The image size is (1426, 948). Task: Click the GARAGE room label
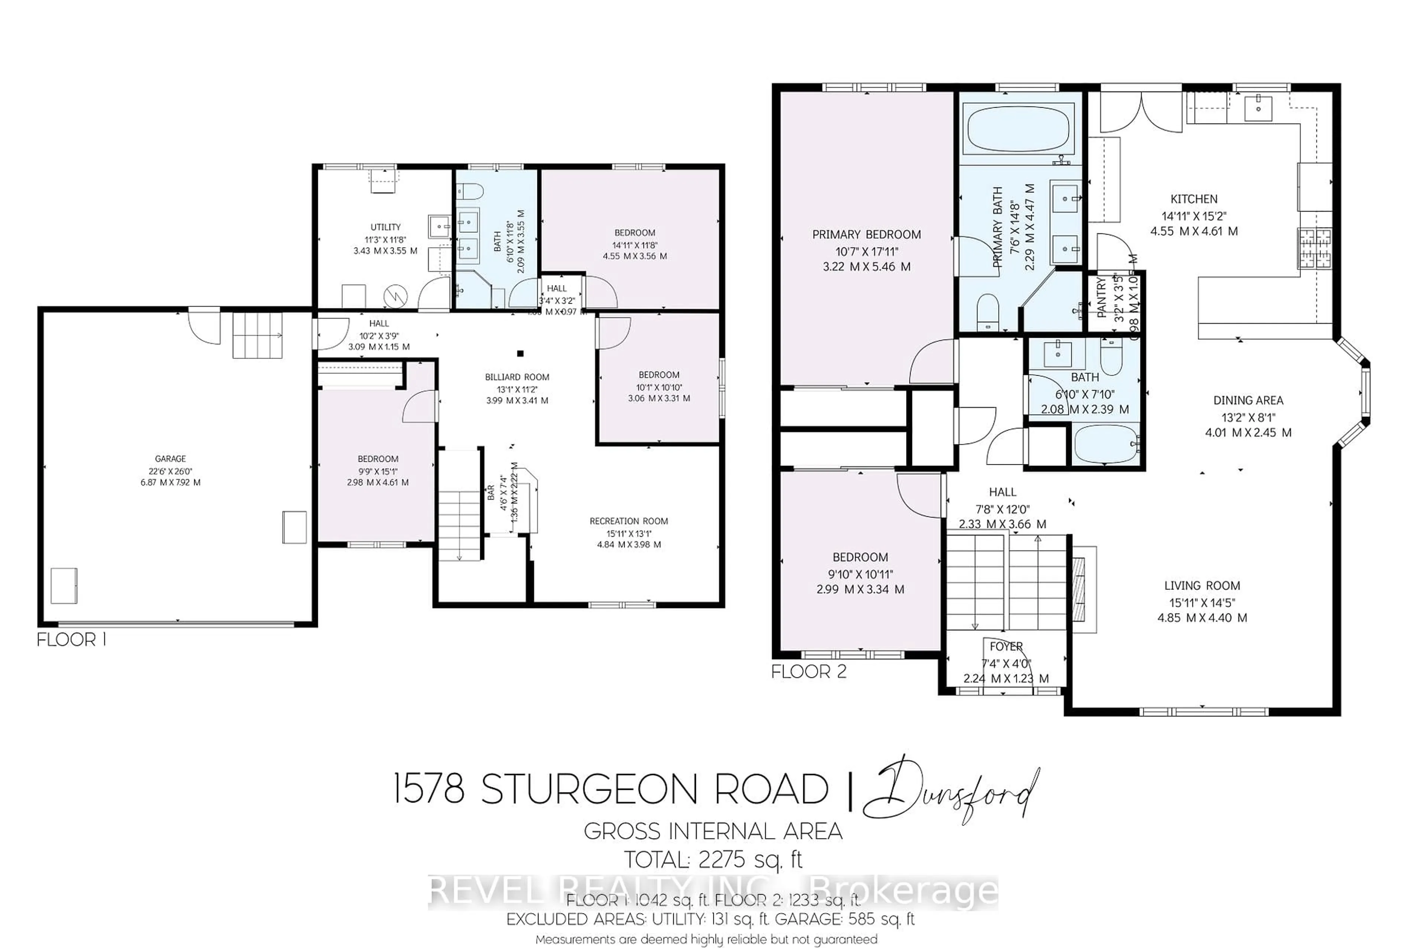170,459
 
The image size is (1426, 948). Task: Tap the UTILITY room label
385,227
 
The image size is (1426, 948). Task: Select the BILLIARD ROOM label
517,377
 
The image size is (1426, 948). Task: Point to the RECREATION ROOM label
629,521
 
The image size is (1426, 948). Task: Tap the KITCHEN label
1194,199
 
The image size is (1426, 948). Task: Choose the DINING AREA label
1248,400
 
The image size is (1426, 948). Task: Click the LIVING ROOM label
1202,585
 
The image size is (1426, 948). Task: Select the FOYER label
1006,646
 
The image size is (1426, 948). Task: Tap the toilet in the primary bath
987,312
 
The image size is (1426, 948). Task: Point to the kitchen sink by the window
1258,109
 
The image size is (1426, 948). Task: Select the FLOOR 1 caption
71,640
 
